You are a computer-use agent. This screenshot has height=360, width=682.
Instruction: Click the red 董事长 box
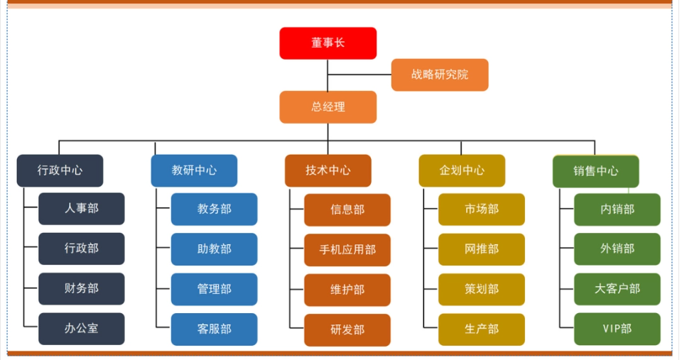click(328, 43)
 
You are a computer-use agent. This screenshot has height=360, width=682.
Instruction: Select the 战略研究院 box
click(440, 75)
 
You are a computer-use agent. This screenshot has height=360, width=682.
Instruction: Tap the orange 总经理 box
click(328, 107)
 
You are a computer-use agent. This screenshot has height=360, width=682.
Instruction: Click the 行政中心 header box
click(60, 171)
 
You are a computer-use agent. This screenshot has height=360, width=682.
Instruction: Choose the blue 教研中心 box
click(194, 171)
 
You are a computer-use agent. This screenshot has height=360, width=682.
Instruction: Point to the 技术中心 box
click(328, 171)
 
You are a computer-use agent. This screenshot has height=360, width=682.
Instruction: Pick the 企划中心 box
click(462, 171)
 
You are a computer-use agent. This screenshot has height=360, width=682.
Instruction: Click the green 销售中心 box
click(595, 171)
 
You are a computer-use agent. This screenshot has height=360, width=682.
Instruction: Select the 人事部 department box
click(81, 209)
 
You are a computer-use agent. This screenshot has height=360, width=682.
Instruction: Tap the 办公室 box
click(81, 329)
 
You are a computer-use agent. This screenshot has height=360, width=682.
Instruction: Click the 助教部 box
click(214, 249)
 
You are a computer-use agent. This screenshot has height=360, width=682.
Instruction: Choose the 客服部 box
click(214, 329)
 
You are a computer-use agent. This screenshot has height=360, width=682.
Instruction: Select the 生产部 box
click(481, 329)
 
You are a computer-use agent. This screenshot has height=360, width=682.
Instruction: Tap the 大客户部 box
click(617, 289)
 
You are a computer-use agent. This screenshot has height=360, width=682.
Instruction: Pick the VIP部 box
click(617, 329)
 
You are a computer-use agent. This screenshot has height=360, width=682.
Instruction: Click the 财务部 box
click(81, 289)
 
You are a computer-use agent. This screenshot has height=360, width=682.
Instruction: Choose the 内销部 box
click(617, 209)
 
